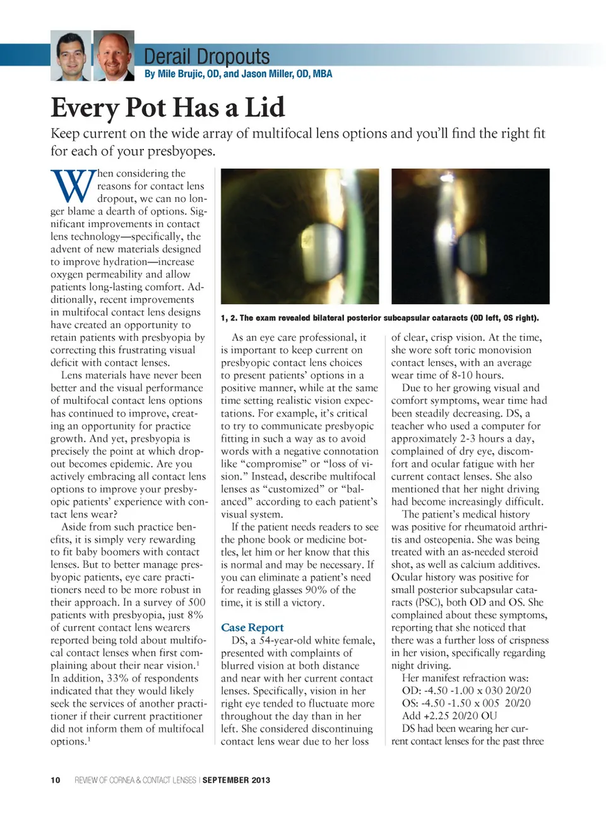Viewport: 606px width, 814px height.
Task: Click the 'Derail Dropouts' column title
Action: pyautogui.click(x=206, y=57)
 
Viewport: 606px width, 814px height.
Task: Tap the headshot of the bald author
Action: pyautogui.click(x=114, y=56)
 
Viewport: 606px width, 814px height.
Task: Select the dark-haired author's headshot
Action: pyautogui.click(x=71, y=56)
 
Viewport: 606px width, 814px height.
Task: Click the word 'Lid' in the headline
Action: pyautogui.click(x=264, y=107)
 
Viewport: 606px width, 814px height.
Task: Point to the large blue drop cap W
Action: pyautogui.click(x=73, y=186)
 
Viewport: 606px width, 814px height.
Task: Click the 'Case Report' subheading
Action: pyautogui.click(x=252, y=627)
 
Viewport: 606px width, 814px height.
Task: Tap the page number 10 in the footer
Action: pyautogui.click(x=56, y=780)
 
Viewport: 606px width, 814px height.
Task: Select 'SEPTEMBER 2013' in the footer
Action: pyautogui.click(x=236, y=780)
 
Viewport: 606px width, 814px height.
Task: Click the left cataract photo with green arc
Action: pyautogui.click(x=300, y=236)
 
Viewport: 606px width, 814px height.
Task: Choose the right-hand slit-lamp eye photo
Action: pyautogui.click(x=470, y=236)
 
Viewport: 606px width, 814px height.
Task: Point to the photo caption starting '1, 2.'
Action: pyautogui.click(x=379, y=318)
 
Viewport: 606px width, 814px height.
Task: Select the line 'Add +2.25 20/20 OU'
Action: pyautogui.click(x=449, y=716)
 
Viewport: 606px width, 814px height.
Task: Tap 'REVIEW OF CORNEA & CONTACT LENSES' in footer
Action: pyautogui.click(x=135, y=780)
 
